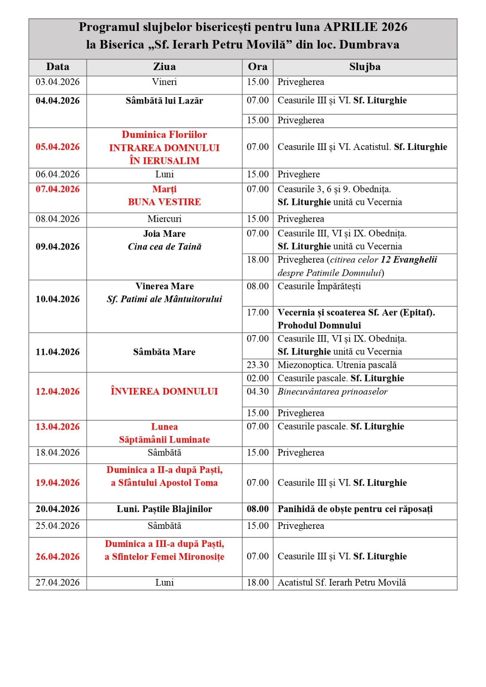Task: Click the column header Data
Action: pos(58,67)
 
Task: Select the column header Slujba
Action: pos(364,67)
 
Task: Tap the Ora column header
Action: pos(257,67)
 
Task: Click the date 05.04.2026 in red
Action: pos(58,147)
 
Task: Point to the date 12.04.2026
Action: pos(58,391)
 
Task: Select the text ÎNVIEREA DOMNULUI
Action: pos(164,391)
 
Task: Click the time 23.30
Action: pos(257,365)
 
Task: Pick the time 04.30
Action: pos(257,391)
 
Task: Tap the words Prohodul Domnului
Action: pos(319,325)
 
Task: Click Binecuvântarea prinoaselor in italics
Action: pos(332,391)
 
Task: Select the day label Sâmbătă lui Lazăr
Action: pos(164,101)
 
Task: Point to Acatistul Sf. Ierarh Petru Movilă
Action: pos(342,583)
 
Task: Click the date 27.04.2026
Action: pos(58,583)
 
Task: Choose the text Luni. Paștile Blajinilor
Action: pos(164,509)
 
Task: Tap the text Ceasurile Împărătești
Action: pos(319,286)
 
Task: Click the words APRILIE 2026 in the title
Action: pos(365,27)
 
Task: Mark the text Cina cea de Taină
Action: pos(164,247)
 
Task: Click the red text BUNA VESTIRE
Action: pos(164,202)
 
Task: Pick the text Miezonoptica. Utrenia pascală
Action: pos(337,365)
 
